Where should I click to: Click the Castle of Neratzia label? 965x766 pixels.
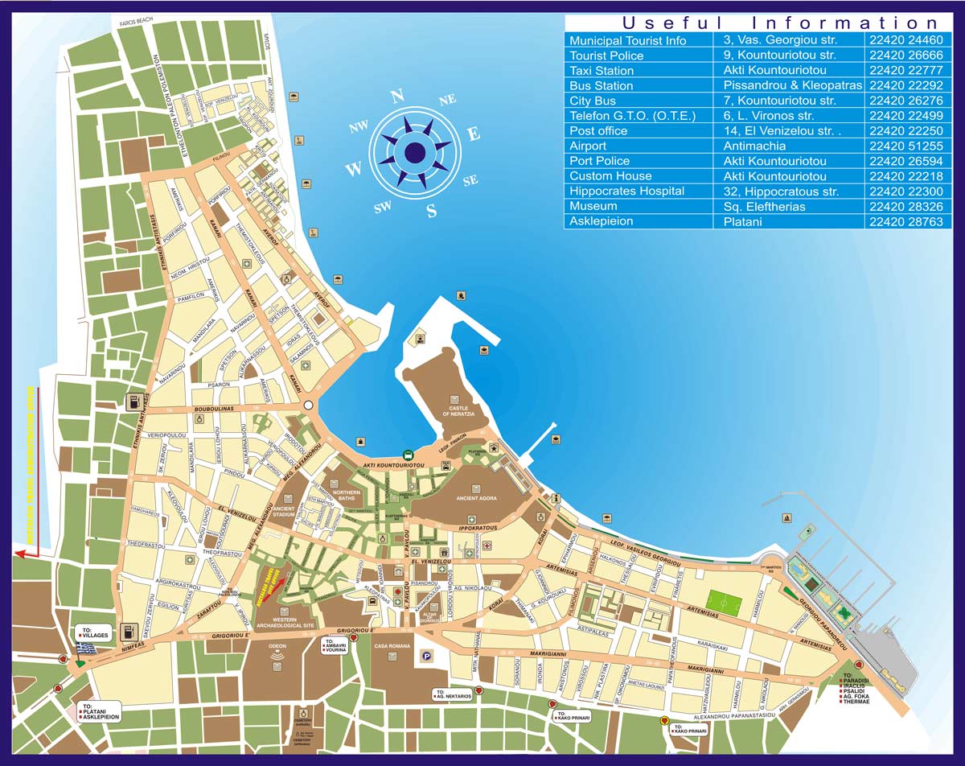(x=458, y=410)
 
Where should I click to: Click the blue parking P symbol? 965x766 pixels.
(x=426, y=656)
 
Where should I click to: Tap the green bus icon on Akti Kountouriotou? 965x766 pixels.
(x=409, y=455)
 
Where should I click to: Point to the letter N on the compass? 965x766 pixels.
(x=396, y=97)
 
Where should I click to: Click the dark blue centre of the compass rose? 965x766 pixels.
(x=415, y=151)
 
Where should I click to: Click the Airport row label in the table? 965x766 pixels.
(x=588, y=146)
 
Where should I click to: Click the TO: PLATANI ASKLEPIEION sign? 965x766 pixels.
(x=101, y=711)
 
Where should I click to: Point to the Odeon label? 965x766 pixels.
(x=277, y=645)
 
